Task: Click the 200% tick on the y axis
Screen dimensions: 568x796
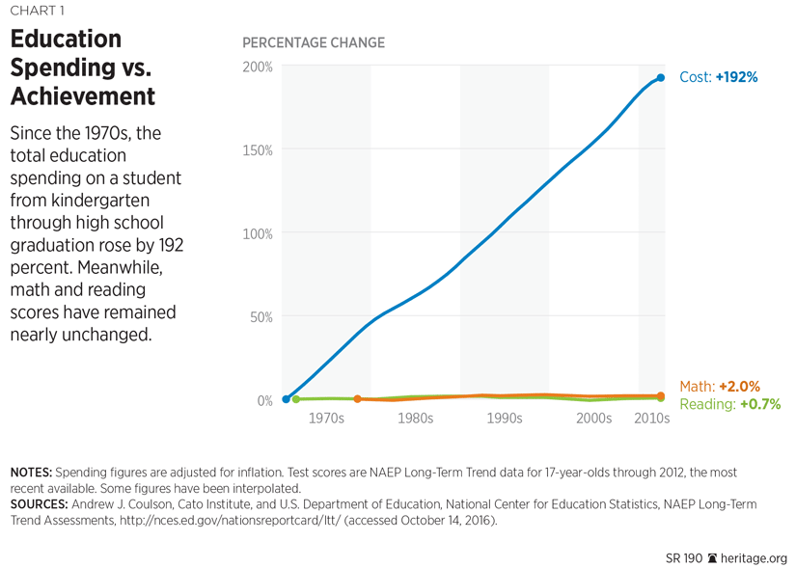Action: click(258, 68)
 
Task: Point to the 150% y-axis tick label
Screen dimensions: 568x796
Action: click(258, 150)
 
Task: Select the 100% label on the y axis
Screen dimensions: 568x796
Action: click(258, 234)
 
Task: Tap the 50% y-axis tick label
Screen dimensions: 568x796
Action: click(261, 317)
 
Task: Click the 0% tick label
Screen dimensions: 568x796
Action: click(263, 400)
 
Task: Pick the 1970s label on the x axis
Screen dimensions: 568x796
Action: click(326, 419)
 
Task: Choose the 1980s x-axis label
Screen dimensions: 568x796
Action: click(415, 419)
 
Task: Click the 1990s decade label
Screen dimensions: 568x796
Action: click(504, 419)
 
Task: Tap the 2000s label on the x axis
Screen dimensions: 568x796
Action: click(593, 419)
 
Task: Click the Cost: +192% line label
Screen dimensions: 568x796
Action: click(719, 77)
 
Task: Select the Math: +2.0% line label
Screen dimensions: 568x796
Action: click(720, 387)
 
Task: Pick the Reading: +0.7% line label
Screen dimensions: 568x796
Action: click(729, 405)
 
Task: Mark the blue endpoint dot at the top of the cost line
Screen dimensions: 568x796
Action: click(661, 78)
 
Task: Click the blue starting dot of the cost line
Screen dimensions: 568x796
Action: click(287, 398)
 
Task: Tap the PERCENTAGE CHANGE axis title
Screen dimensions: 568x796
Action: click(313, 43)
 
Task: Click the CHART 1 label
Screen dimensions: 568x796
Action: click(38, 11)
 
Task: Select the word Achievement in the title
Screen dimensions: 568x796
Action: click(83, 96)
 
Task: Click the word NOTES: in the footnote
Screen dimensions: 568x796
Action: click(31, 473)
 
